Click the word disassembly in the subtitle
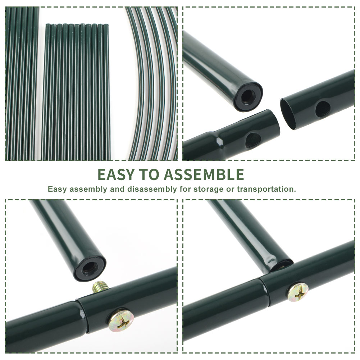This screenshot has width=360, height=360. coord(152,189)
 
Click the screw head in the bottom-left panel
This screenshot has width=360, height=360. coord(121,320)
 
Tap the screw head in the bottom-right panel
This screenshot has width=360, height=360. coord(298,292)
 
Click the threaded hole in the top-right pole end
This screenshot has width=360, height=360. coord(248,96)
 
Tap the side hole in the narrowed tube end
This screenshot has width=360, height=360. coord(253,140)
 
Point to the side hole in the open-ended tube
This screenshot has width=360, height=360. coord(323,109)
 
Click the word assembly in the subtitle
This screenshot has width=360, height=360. coord(88,190)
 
